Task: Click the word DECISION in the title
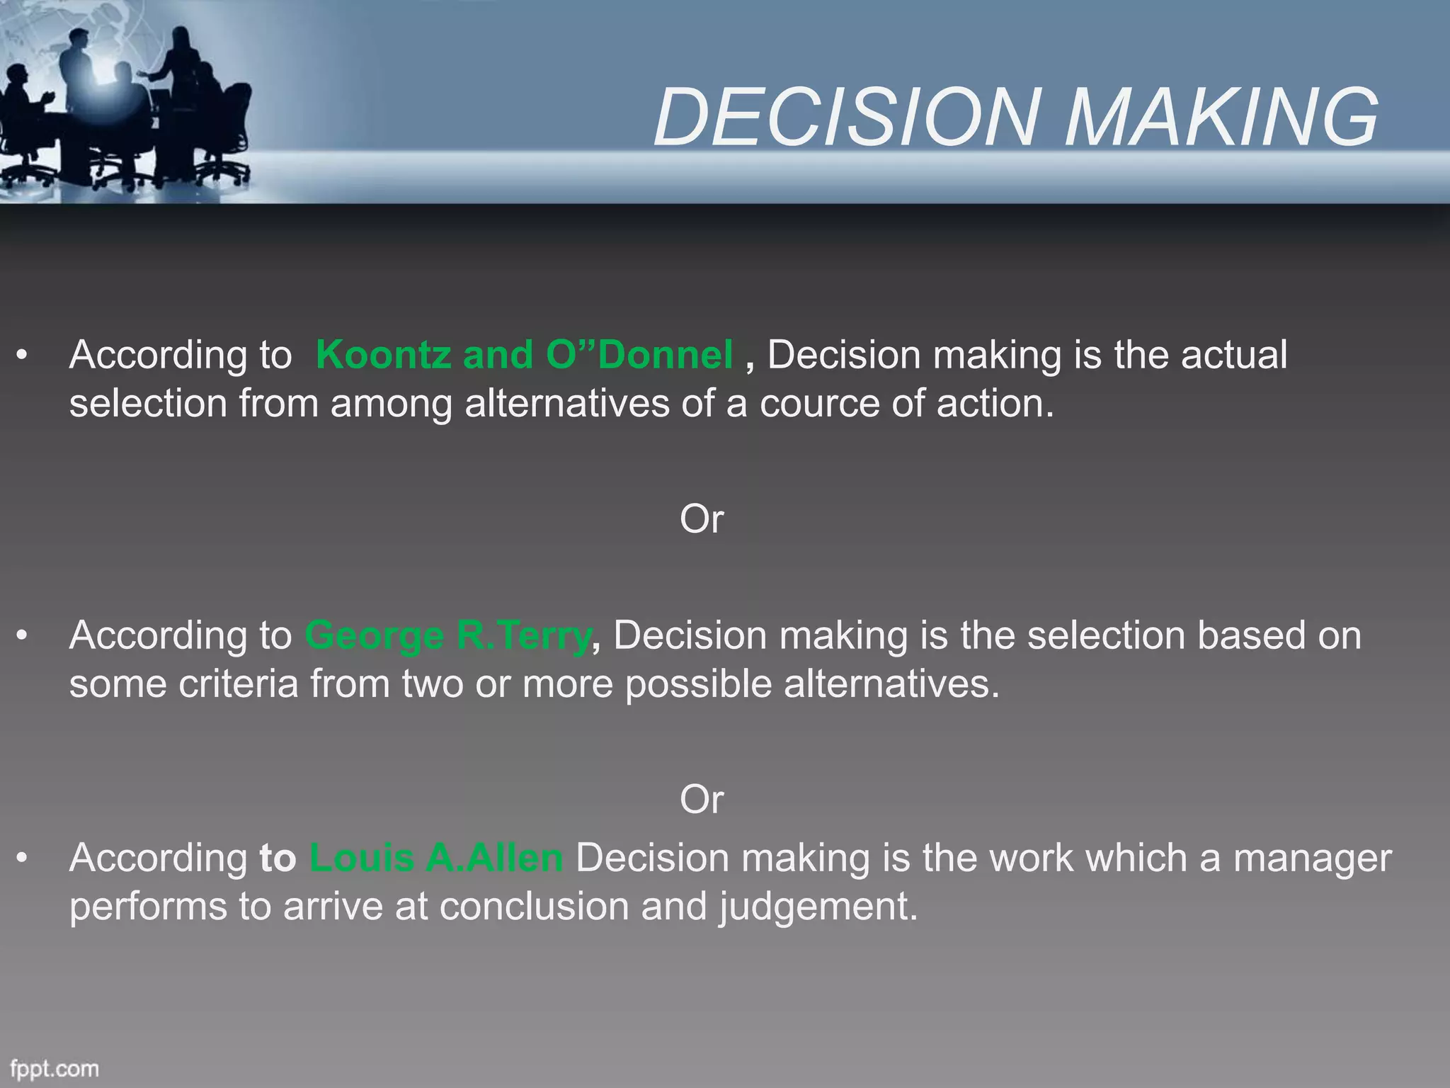pos(847,117)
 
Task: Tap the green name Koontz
pos(383,355)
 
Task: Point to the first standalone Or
pos(701,519)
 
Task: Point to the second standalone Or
pos(701,800)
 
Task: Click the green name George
pos(375,635)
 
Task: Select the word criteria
pos(238,684)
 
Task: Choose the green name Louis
pos(361,858)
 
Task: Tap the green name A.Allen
pos(494,858)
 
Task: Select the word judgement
pos(818,907)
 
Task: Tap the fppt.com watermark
pos(55,1068)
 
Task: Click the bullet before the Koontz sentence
pos(23,355)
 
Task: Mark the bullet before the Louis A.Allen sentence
pos(23,858)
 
